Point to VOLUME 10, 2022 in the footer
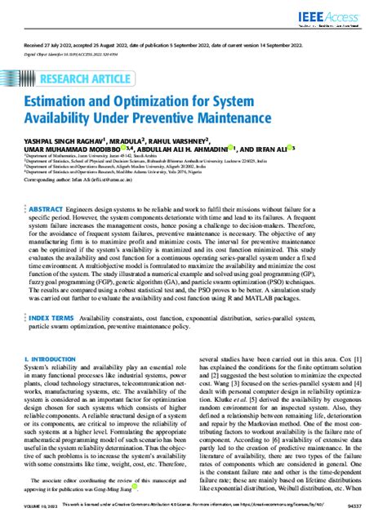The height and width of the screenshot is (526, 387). pyautogui.click(x=38, y=517)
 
